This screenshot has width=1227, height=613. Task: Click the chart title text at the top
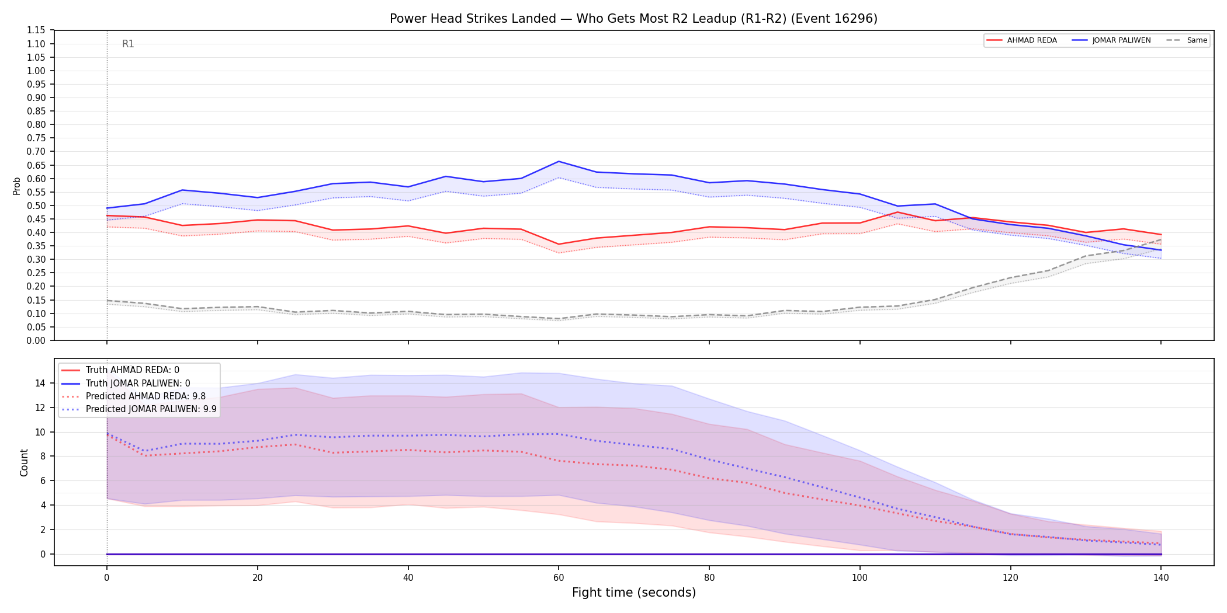pyautogui.click(x=633, y=19)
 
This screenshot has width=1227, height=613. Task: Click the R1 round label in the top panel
pyautogui.click(x=128, y=44)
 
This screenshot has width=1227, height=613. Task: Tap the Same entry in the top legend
pyautogui.click(x=1187, y=40)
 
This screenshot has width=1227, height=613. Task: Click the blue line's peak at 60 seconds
pyautogui.click(x=559, y=161)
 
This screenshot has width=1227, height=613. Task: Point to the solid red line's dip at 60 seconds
pyautogui.click(x=559, y=244)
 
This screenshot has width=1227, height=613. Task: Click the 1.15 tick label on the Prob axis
pyautogui.click(x=36, y=30)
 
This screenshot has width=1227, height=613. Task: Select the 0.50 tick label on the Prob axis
pyautogui.click(x=36, y=206)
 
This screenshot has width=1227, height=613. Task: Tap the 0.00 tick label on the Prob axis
pyautogui.click(x=36, y=340)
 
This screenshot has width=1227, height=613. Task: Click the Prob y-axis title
pyautogui.click(x=17, y=186)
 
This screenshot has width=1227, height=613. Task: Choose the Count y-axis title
pyautogui.click(x=24, y=462)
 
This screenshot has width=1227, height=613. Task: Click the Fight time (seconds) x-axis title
pyautogui.click(x=634, y=593)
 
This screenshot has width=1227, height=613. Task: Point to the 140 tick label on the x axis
pyautogui.click(x=1161, y=578)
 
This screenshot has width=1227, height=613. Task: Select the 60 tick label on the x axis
pyautogui.click(x=559, y=578)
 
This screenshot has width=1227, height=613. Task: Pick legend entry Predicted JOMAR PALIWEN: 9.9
pyautogui.click(x=139, y=409)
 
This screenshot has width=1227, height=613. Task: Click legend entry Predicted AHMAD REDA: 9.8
pyautogui.click(x=134, y=396)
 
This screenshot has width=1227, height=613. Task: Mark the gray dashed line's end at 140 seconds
pyautogui.click(x=1161, y=239)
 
